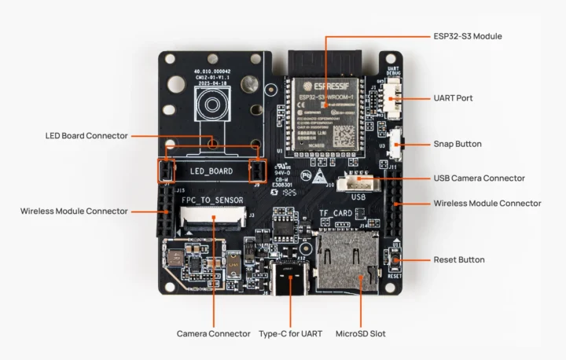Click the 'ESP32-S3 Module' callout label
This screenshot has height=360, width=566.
click(x=467, y=36)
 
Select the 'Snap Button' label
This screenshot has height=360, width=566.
click(x=458, y=144)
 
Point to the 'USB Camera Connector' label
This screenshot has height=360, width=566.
click(x=479, y=178)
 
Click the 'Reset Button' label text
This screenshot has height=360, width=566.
click(x=459, y=259)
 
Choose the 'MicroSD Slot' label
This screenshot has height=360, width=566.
click(x=360, y=334)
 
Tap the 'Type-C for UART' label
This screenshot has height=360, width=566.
click(x=289, y=334)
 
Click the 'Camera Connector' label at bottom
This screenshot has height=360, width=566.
click(x=213, y=334)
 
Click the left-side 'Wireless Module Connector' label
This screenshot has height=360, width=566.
click(x=74, y=211)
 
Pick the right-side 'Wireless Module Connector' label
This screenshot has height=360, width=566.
click(x=487, y=203)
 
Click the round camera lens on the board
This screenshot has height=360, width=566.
click(x=211, y=105)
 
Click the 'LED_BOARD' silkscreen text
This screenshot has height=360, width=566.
click(x=211, y=171)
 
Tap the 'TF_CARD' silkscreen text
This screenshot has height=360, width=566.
click(x=335, y=213)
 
